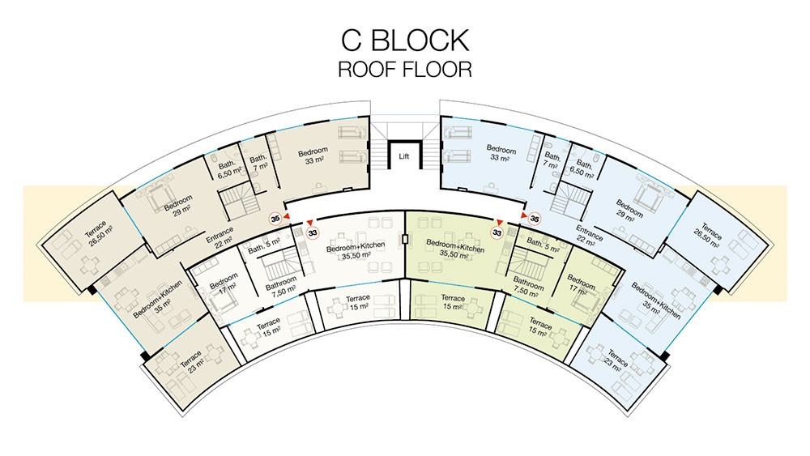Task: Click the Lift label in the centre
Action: click(x=404, y=156)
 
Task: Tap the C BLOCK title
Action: click(x=405, y=40)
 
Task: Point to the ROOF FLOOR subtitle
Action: click(x=405, y=69)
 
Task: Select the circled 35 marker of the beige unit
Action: click(x=275, y=219)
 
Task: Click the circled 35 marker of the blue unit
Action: click(x=535, y=219)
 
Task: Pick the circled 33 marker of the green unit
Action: click(x=497, y=233)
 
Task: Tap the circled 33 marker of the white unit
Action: click(x=313, y=233)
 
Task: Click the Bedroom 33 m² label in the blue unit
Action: click(x=501, y=153)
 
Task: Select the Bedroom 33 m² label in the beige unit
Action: click(x=313, y=156)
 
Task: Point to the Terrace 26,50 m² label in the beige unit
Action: click(x=99, y=234)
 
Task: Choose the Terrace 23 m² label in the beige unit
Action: click(x=192, y=360)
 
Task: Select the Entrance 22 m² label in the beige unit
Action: click(x=220, y=237)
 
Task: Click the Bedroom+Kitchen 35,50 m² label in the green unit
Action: click(x=455, y=249)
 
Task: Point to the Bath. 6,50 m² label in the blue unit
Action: click(x=582, y=168)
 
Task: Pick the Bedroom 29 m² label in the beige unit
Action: click(x=179, y=204)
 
